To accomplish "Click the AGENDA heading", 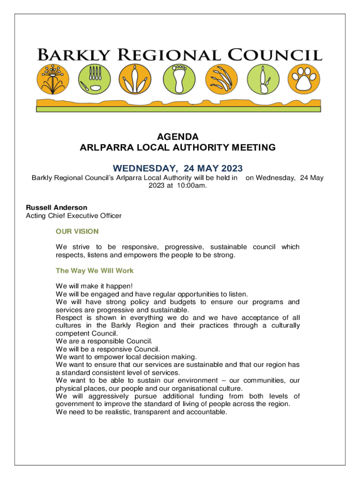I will tap(178, 137).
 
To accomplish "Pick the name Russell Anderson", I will tap(57, 207).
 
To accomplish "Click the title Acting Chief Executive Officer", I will tap(73, 216).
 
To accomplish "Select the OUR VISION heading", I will tap(77, 231).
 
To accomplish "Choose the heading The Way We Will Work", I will tap(94, 270).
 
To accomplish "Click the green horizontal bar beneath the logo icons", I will tap(178, 109).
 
